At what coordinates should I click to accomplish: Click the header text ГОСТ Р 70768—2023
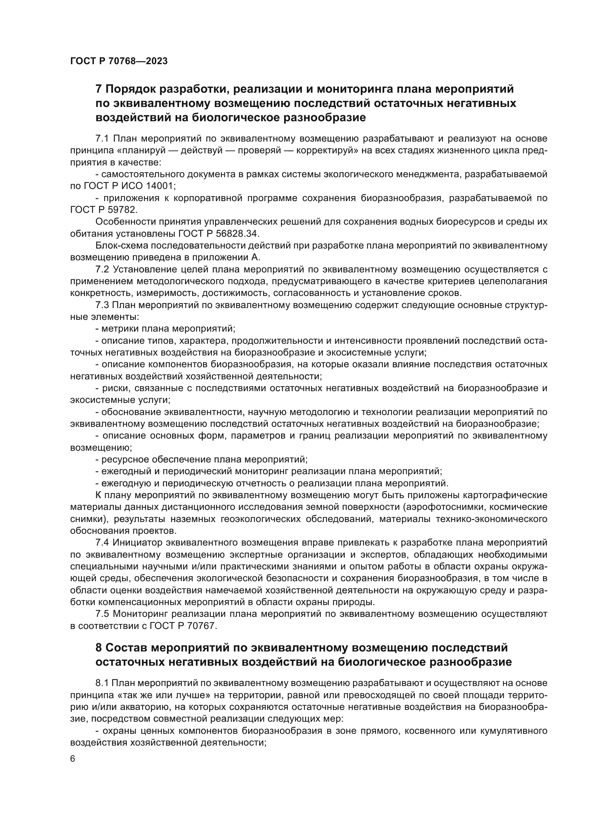(119, 61)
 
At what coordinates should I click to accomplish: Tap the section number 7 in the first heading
(98, 89)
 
